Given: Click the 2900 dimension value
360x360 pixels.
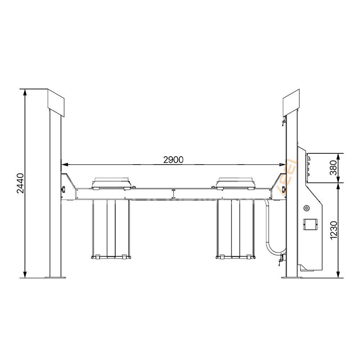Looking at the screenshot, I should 173,160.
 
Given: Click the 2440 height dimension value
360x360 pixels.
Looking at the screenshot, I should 21,183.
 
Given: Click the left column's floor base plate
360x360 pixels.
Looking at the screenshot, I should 55,277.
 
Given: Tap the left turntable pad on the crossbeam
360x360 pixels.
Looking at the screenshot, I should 111,183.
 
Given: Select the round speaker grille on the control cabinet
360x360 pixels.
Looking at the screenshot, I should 306,208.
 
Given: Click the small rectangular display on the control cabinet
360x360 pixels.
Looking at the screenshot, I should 310,224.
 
